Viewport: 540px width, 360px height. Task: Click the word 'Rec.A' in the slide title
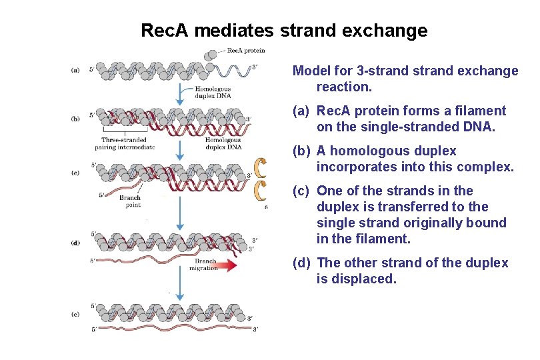[x=161, y=31]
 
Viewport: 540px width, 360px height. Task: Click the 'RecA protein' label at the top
[x=246, y=51]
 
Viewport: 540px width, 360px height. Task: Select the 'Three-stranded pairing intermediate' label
[x=125, y=143]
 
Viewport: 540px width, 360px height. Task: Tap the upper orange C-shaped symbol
[x=259, y=169]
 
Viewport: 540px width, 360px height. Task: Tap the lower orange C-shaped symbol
[x=259, y=191]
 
